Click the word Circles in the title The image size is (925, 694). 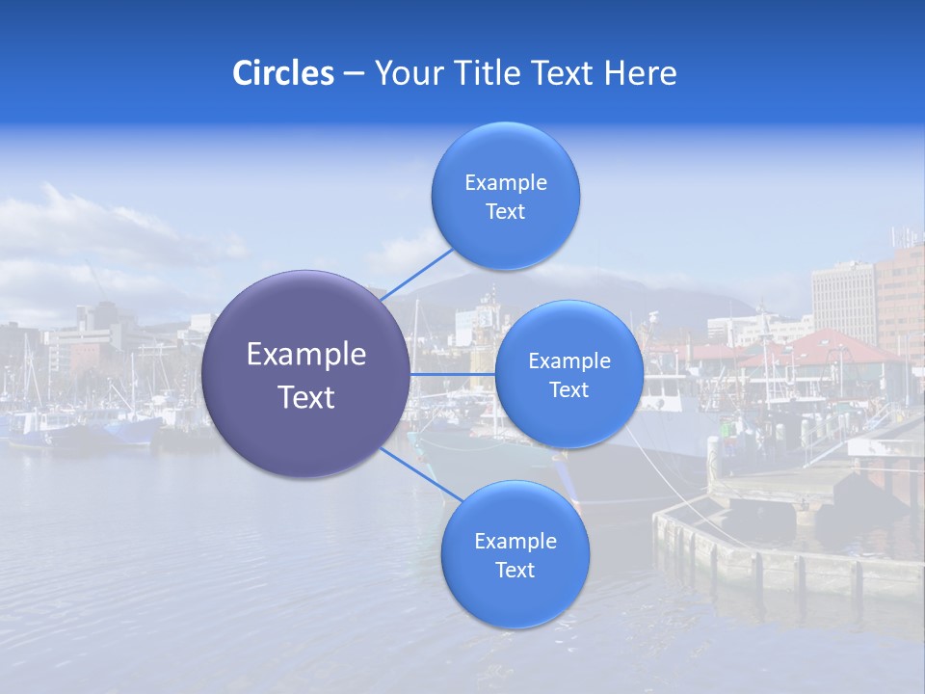tap(282, 73)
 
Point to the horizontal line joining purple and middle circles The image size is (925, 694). tap(453, 374)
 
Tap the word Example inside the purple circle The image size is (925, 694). tap(306, 355)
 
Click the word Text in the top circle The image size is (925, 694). tap(506, 212)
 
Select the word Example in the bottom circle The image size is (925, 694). tap(515, 541)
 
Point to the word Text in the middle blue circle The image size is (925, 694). tap(569, 389)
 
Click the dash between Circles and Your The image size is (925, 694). tap(354, 74)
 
